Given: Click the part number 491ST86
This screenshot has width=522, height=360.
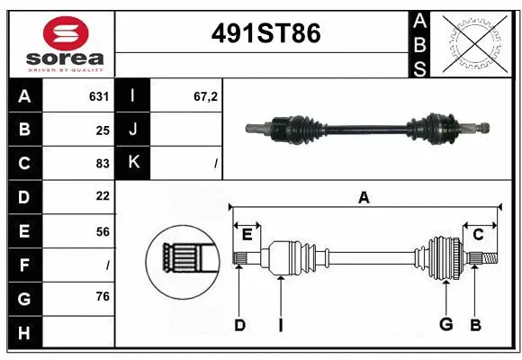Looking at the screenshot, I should tap(265, 34).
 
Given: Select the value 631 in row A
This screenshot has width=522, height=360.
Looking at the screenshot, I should tap(99, 95).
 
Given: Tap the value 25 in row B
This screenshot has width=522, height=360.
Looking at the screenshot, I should tap(103, 130).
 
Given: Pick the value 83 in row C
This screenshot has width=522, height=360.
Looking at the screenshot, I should tap(102, 164).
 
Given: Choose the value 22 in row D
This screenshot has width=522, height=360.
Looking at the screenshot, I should tap(102, 195).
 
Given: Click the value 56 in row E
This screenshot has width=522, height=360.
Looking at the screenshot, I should tap(102, 230).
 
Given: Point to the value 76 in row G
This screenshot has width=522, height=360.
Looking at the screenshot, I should tap(102, 297).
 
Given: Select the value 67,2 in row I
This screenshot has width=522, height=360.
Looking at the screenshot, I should tap(205, 95).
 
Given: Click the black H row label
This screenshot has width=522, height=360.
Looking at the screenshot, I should tap(23, 334).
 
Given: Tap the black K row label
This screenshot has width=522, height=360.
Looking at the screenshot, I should tap(133, 163).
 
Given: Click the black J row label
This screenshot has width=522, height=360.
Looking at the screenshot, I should tap(133, 130).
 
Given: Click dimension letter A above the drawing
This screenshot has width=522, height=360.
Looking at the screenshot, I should tap(364, 197).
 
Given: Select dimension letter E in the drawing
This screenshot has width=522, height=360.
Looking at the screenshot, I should tap(247, 235).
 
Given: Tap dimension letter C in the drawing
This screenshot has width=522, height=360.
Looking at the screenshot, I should tap(478, 235).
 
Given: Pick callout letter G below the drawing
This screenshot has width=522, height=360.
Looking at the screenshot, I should tap(445, 324).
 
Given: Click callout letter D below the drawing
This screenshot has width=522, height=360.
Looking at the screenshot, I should tap(239, 324).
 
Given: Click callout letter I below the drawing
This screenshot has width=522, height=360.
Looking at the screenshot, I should tap(280, 324).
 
